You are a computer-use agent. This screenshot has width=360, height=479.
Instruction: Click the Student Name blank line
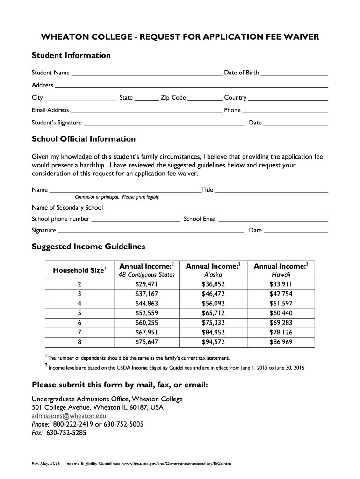click(x=146, y=73)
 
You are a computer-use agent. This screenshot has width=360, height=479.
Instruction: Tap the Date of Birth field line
click(x=294, y=73)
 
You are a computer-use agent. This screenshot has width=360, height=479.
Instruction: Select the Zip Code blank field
click(x=205, y=98)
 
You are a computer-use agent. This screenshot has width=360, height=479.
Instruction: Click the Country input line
click(x=288, y=98)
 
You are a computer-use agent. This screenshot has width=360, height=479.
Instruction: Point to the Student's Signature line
click(x=163, y=123)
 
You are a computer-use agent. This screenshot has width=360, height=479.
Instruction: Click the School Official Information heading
click(x=84, y=139)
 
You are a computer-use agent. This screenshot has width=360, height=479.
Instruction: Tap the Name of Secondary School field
click(x=216, y=208)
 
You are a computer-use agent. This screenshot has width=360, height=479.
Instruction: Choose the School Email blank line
click(x=273, y=219)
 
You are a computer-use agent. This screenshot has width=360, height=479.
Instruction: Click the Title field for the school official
click(x=271, y=190)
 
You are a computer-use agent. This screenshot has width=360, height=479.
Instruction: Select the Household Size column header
click(x=79, y=270)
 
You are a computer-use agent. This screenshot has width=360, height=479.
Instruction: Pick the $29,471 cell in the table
click(x=147, y=284)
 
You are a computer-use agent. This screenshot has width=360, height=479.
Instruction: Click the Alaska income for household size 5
click(x=213, y=313)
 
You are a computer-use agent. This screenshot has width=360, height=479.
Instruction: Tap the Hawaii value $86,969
click(x=281, y=342)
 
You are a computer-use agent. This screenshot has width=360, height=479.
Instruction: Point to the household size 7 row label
click(x=79, y=333)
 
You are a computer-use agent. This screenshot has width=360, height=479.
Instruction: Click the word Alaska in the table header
click(x=213, y=275)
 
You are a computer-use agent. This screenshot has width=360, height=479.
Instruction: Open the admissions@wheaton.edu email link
click(x=69, y=416)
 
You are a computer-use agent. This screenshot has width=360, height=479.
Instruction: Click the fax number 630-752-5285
click(x=66, y=433)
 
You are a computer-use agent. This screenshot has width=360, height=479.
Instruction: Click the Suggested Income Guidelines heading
click(x=88, y=247)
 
